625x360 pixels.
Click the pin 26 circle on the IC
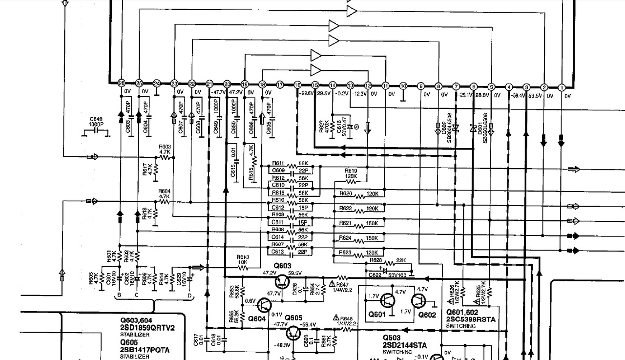coord(122,83)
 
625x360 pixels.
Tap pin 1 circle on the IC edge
coord(562,87)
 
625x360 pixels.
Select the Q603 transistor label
coord(282,265)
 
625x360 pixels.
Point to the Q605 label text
coord(293,318)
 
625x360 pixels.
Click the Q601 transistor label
coord(377,315)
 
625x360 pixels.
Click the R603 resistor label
coord(165,146)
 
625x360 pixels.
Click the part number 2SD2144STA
coord(404,345)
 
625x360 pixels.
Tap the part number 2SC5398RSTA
coord(471,319)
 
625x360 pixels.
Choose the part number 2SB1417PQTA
coord(145,350)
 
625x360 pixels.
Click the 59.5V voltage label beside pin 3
coord(535,96)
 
